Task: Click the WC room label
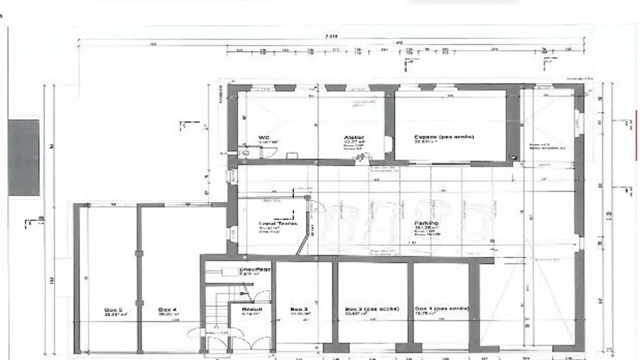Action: (x=264, y=137)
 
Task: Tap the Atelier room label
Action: (x=354, y=137)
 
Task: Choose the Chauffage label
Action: (x=255, y=269)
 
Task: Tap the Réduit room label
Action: (x=252, y=309)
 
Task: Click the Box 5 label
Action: (x=113, y=309)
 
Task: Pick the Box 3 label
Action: (x=299, y=309)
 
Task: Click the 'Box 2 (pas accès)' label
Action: (x=372, y=308)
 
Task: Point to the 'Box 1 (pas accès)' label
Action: (x=441, y=308)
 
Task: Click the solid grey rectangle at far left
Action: (x=24, y=157)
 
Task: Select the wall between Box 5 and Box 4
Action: (x=139, y=276)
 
